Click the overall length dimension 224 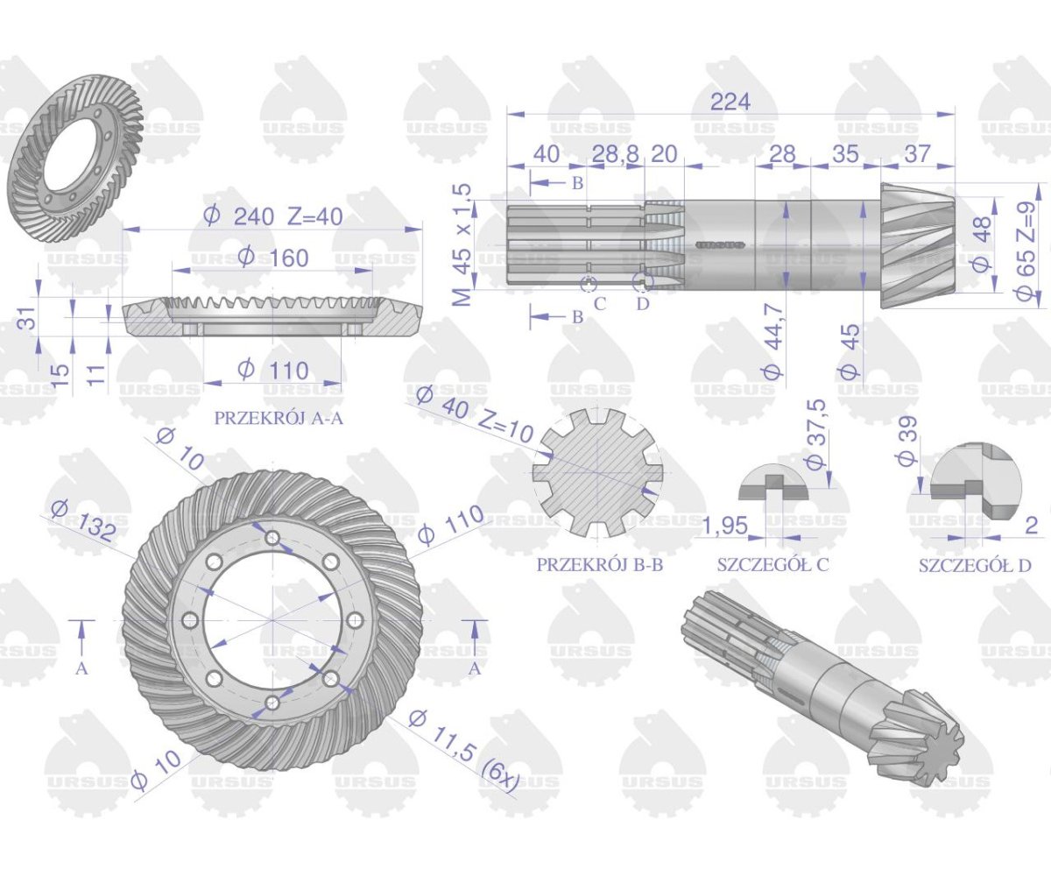pos(730,102)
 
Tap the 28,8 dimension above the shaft pos(615,154)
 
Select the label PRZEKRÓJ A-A pos(279,419)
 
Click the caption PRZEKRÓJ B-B pos(599,565)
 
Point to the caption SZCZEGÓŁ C pos(772,565)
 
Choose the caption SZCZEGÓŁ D pos(975,565)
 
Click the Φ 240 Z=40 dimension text pos(272,216)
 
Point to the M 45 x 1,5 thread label pos(463,244)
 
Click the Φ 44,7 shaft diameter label pos(773,341)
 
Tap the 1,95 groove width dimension pos(725,526)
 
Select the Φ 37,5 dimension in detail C pos(816,434)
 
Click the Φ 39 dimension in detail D pos(906,440)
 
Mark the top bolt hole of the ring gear pos(272,538)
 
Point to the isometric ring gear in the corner pos(77,146)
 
